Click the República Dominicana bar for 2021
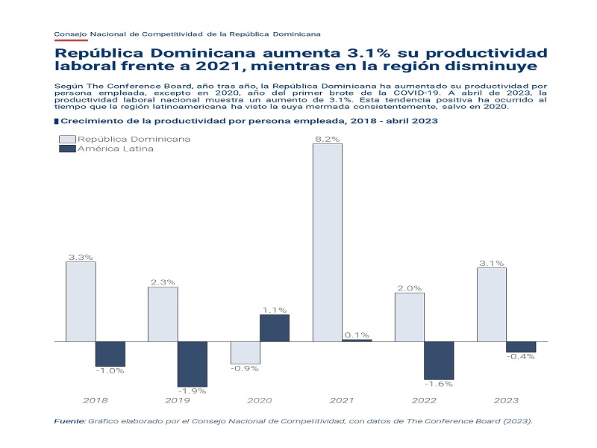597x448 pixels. (x=327, y=242)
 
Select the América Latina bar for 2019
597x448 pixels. (x=192, y=364)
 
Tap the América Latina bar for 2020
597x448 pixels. (x=274, y=328)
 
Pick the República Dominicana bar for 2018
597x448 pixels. (x=81, y=301)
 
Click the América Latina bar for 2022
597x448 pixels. (x=438, y=360)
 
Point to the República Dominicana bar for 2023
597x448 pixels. (x=491, y=304)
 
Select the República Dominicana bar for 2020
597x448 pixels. (x=245, y=352)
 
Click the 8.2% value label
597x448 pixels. (x=327, y=138)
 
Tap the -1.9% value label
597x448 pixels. (x=192, y=391)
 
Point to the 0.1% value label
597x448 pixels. (x=357, y=335)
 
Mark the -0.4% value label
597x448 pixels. (x=521, y=356)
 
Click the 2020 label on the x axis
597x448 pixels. (x=259, y=401)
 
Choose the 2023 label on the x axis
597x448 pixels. (x=505, y=401)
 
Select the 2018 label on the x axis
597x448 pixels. (x=95, y=401)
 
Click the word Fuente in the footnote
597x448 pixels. (x=69, y=422)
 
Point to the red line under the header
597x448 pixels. (x=71, y=40)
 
